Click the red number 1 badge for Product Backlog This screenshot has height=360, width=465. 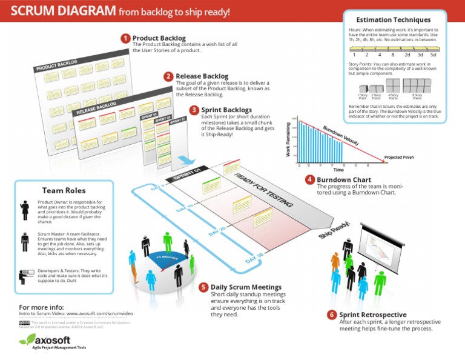coord(125,39)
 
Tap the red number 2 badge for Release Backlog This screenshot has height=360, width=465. coord(168,76)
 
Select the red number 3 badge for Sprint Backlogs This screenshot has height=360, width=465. coord(194,110)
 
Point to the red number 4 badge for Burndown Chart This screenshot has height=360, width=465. coord(309,179)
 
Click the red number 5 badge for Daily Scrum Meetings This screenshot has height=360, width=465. coord(204,287)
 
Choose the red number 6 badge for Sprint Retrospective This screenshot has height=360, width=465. coord(332,315)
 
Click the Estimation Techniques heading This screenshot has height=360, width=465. coord(394,20)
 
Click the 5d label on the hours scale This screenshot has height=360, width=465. coord(434,55)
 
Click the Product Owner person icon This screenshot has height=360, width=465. coord(25,211)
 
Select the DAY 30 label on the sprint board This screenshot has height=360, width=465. coord(255,259)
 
